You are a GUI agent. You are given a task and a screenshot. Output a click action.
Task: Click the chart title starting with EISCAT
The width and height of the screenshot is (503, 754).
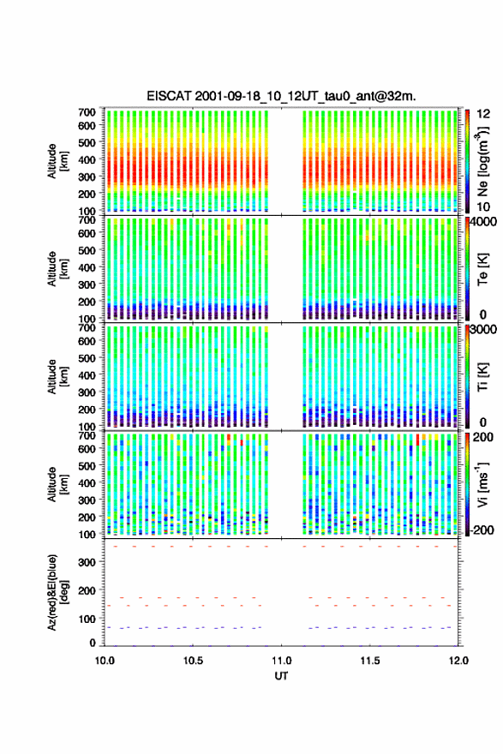click(x=281, y=96)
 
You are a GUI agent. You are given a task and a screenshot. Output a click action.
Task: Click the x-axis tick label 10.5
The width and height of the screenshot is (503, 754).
click(x=193, y=661)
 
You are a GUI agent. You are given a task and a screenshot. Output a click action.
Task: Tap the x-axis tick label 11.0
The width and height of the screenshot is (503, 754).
click(x=281, y=661)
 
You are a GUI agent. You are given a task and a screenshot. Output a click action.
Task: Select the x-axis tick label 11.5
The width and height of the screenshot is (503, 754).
click(x=370, y=661)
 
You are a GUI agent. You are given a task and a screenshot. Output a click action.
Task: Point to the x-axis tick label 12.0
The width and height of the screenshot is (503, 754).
click(x=458, y=661)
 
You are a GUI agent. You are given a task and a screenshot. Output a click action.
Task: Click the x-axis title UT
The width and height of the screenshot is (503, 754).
click(x=281, y=676)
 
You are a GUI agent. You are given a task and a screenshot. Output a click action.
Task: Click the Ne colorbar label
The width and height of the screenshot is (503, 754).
click(x=482, y=161)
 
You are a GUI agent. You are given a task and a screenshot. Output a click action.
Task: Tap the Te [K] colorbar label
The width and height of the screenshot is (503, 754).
click(x=482, y=269)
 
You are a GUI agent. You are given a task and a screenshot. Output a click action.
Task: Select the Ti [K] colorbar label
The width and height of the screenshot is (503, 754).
click(x=482, y=376)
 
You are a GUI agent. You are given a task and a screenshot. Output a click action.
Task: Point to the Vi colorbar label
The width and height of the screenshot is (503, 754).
click(x=482, y=484)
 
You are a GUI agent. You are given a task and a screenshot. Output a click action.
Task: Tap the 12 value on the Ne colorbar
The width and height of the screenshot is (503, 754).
click(x=483, y=114)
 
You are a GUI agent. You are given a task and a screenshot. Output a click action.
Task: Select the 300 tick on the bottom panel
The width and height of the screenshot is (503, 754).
click(x=87, y=563)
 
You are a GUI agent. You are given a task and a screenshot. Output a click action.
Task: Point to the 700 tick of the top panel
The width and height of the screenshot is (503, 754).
click(x=87, y=112)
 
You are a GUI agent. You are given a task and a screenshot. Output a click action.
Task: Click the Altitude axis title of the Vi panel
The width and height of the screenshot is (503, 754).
click(x=57, y=484)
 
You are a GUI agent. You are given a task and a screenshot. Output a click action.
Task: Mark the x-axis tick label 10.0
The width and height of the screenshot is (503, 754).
click(x=105, y=661)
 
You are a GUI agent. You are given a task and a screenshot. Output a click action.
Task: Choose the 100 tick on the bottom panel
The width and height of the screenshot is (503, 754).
click(x=87, y=619)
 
